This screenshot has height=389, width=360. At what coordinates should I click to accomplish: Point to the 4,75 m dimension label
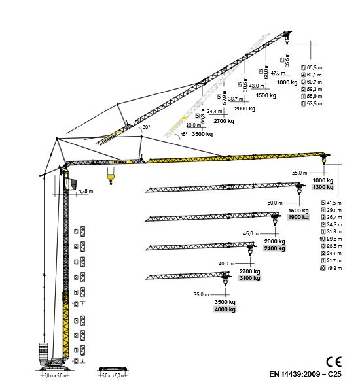[83, 192]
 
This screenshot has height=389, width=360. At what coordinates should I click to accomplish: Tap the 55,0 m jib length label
[300, 173]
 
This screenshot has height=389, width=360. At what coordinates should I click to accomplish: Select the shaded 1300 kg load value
[323, 188]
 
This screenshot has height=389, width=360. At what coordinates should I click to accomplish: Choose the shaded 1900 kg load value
[298, 218]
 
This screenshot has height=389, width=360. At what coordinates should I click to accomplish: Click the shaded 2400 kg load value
[274, 248]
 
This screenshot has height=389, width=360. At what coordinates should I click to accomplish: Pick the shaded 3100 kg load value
[249, 279]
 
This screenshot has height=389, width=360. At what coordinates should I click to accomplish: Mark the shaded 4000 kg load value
[225, 309]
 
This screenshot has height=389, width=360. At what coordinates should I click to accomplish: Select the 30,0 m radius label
[194, 125]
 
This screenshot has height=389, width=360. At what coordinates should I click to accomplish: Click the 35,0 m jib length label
[202, 294]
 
